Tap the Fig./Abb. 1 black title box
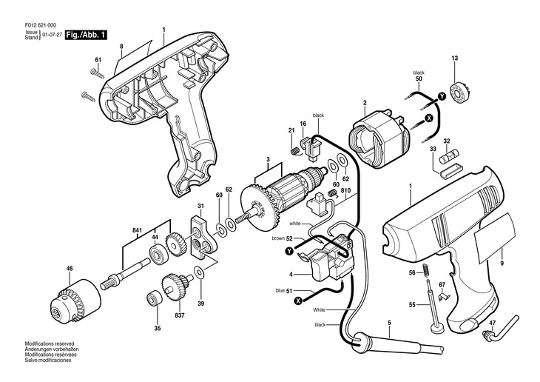[x=86, y=35]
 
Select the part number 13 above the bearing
[x=455, y=58]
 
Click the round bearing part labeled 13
[x=458, y=93]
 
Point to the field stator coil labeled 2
[x=379, y=140]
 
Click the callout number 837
[x=180, y=315]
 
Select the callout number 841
[x=138, y=229]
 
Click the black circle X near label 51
[x=298, y=301]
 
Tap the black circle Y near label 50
[x=442, y=97]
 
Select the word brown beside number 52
[x=278, y=238]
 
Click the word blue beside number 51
[x=280, y=291]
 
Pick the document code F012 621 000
[x=41, y=25]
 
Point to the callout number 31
[x=200, y=206]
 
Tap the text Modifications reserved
[x=50, y=344]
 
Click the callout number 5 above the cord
[x=389, y=323]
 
